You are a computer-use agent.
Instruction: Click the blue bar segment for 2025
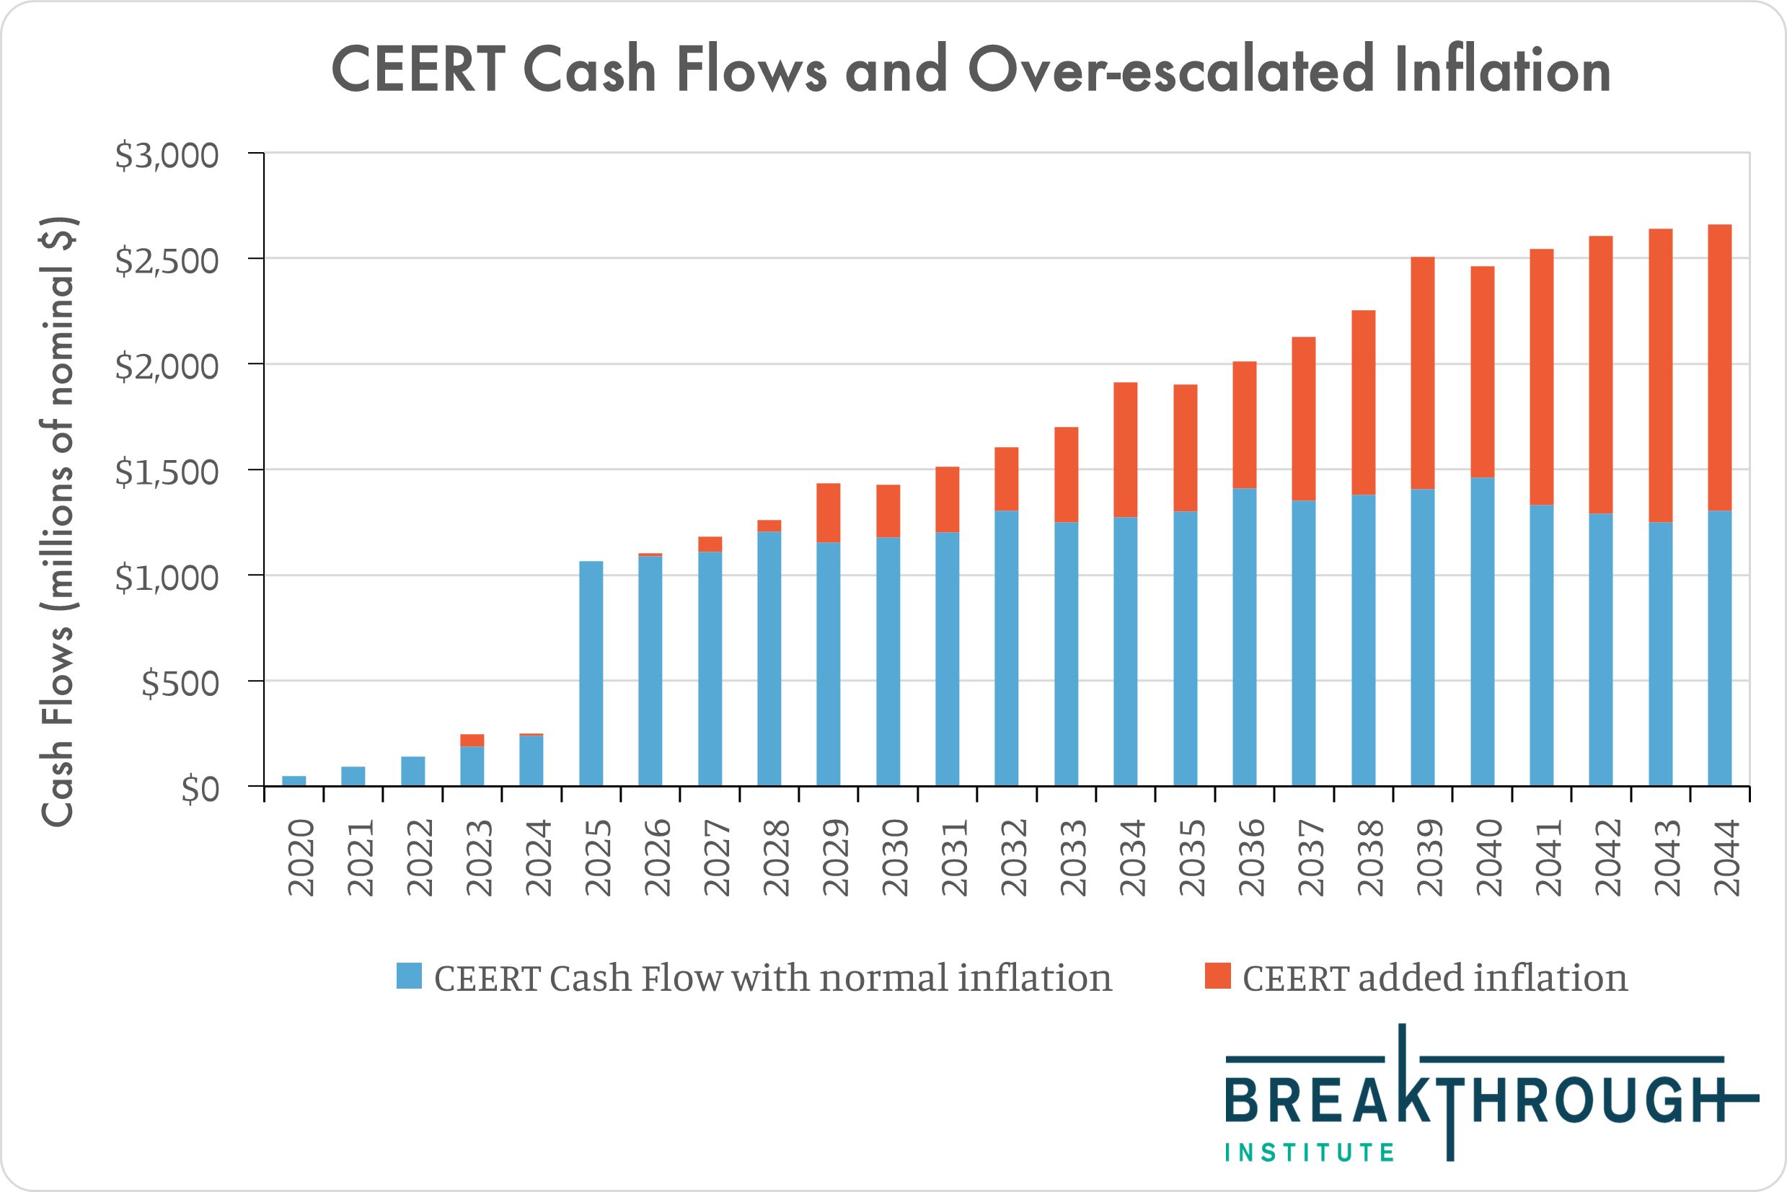point(591,673)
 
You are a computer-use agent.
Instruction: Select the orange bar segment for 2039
point(1422,373)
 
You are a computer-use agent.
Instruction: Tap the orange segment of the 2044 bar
point(1719,367)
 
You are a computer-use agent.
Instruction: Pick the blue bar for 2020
point(294,781)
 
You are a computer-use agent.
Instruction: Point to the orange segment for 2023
point(472,740)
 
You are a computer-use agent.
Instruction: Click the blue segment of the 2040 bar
point(1482,631)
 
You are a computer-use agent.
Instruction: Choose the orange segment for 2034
point(1125,449)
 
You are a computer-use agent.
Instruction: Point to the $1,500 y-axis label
point(167,472)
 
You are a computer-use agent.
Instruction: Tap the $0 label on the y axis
point(200,789)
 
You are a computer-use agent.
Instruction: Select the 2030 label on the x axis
point(895,857)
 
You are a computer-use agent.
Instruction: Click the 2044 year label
point(1726,857)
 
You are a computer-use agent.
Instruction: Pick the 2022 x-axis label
point(419,857)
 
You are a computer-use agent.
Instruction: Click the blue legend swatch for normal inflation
point(409,976)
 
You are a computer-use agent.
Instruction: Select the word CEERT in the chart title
point(419,70)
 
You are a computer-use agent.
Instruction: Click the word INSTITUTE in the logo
point(1310,1152)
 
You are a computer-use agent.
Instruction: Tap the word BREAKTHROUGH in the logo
point(1475,1099)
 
